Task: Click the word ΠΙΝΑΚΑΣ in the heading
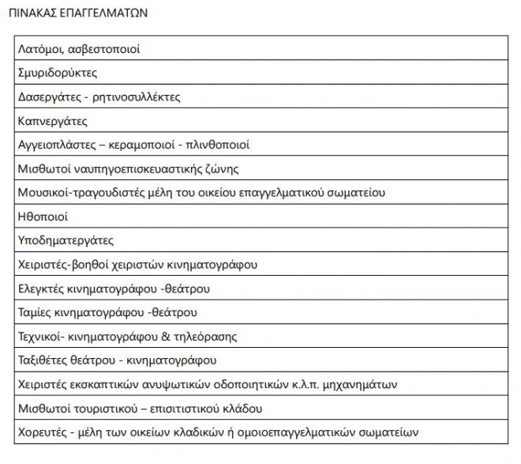click(32, 14)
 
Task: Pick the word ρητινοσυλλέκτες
click(140, 97)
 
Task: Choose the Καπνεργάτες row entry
click(52, 121)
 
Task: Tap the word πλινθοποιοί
click(219, 145)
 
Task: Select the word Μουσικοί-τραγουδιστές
click(80, 193)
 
